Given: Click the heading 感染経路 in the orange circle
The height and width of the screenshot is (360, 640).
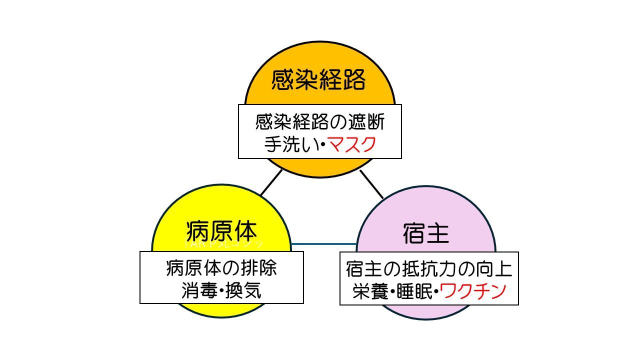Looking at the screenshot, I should click(319, 80).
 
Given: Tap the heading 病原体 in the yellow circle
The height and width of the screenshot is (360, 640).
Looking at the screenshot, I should click(221, 231).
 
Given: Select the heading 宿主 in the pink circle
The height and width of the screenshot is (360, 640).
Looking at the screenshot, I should click(425, 233).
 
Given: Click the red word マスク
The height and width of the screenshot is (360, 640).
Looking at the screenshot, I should click(352, 144).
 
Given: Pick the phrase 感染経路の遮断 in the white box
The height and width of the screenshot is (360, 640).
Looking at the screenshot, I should click(320, 121).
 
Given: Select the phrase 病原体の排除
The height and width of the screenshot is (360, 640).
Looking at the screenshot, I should click(221, 268).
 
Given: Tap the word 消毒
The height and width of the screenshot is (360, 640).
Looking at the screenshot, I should click(198, 290).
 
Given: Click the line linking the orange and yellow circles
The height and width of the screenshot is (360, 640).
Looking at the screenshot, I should click(271, 182).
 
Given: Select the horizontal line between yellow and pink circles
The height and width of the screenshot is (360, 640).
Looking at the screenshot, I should click(323, 244).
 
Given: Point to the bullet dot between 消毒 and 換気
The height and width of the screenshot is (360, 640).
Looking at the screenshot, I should click(221, 290).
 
